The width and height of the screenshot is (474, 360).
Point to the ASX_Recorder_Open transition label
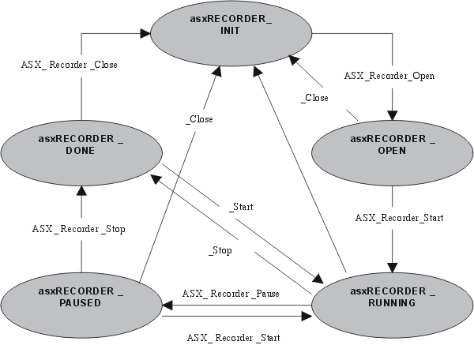[389, 77]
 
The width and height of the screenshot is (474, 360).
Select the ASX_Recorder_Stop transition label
[79, 229]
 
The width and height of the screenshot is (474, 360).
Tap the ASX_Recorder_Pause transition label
[231, 293]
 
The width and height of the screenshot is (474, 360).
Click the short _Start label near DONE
[240, 208]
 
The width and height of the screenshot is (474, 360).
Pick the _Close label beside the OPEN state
[314, 99]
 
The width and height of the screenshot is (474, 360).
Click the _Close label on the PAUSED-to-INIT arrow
[199, 119]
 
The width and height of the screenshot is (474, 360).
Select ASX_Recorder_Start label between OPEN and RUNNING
[399, 217]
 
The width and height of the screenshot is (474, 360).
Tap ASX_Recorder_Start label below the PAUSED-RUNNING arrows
[233, 337]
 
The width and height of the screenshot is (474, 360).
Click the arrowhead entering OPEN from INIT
[392, 112]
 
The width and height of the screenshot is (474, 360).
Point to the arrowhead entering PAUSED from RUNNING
[167, 305]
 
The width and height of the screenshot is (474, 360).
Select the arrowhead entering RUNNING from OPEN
[392, 264]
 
